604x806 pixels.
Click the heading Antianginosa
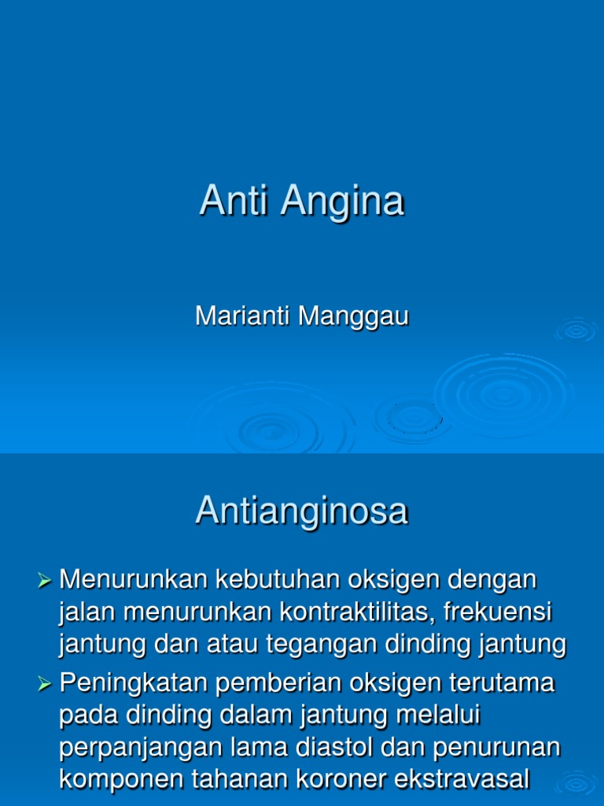pos(302,511)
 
